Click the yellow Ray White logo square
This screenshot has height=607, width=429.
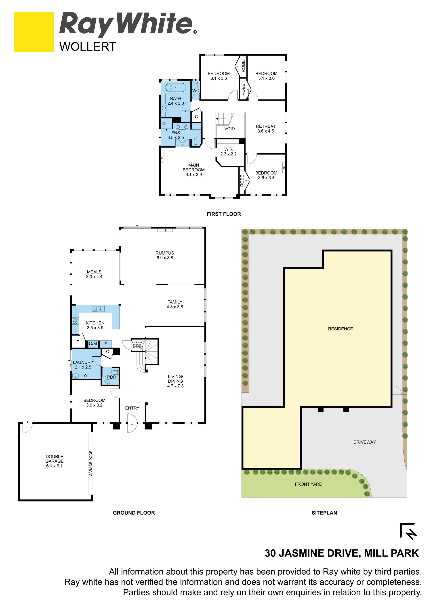click(x=34, y=32)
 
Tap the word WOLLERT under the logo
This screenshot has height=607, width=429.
click(x=88, y=47)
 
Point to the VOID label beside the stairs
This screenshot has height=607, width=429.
click(x=229, y=129)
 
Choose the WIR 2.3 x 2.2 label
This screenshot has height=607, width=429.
click(x=228, y=152)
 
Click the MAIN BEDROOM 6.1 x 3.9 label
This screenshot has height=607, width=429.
click(x=193, y=170)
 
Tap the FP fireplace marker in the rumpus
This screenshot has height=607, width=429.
click(x=165, y=230)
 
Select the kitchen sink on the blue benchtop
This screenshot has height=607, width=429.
click(x=98, y=309)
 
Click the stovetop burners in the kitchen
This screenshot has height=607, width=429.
click(x=75, y=321)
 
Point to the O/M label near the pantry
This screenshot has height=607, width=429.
click(x=93, y=344)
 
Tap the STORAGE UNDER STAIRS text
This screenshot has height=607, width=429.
click(x=137, y=345)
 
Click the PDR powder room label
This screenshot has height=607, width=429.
click(x=111, y=377)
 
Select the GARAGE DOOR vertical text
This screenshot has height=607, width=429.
click(x=91, y=463)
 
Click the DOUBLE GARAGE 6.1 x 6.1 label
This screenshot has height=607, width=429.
click(x=55, y=461)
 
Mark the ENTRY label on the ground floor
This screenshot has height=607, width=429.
click(x=132, y=408)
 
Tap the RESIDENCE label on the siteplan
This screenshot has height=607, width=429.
click(x=341, y=329)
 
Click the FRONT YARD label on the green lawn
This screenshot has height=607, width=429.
click(x=309, y=484)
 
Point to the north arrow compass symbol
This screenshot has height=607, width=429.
click(x=408, y=531)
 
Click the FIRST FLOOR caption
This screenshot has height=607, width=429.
click(x=224, y=214)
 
